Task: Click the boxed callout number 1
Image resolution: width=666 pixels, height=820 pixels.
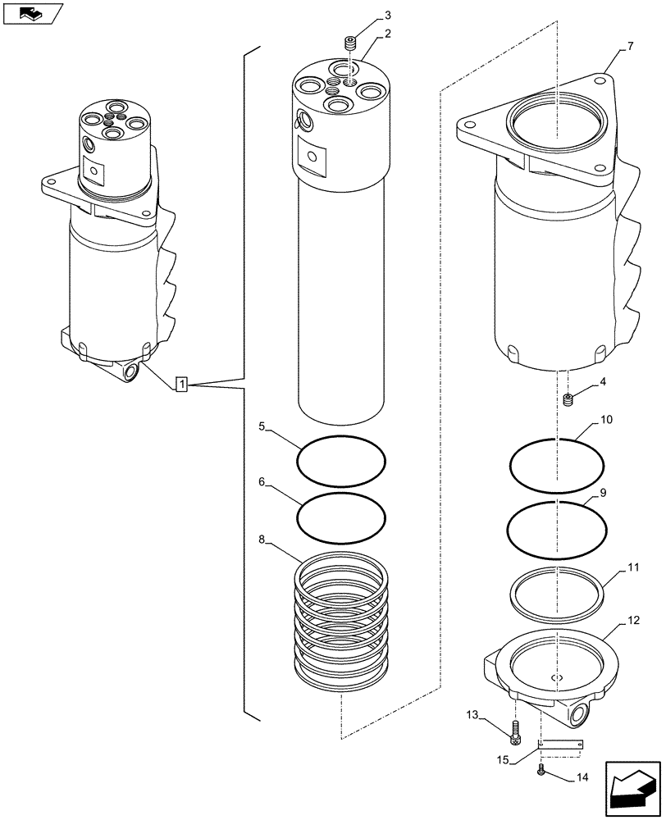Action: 182,384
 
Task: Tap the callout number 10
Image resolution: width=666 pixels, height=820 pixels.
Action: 606,419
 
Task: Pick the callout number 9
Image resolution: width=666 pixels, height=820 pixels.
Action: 602,493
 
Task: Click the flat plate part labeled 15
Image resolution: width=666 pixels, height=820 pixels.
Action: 560,745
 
